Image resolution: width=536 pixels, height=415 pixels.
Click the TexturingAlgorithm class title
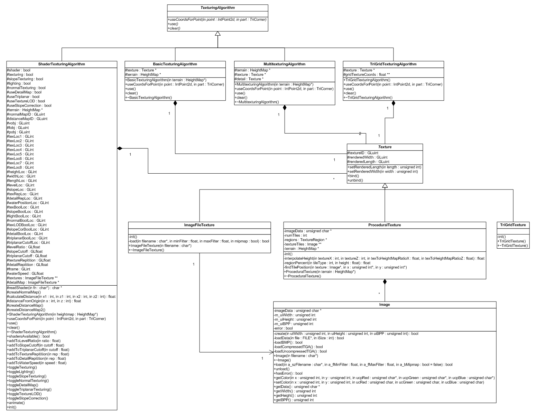(x=217, y=8)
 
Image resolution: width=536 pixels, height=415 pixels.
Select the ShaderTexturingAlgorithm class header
(x=62, y=64)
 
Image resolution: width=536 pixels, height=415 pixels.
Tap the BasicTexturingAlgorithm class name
(x=175, y=64)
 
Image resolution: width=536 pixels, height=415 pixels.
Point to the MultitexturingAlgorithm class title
(x=284, y=64)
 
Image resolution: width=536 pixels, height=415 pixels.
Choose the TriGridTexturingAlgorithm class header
(x=393, y=64)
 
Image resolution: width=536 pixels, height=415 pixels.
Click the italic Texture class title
(x=385, y=147)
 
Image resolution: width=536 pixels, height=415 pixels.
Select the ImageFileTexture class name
(x=199, y=225)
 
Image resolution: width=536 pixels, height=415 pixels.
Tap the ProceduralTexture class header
(x=385, y=225)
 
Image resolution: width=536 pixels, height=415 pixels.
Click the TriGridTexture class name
(x=513, y=225)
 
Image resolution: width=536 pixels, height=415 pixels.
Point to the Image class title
(x=385, y=305)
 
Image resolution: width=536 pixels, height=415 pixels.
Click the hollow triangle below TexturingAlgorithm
(x=218, y=34)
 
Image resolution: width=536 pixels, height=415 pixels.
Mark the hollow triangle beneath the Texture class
(x=385, y=185)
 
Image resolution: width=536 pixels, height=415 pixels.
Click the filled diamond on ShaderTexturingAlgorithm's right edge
(x=120, y=148)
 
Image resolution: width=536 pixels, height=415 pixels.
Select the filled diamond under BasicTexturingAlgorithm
(x=175, y=103)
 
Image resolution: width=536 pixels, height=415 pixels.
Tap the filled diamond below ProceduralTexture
(x=385, y=282)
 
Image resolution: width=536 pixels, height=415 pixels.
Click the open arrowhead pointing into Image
(x=271, y=352)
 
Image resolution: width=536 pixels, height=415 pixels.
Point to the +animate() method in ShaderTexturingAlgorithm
(x=16, y=403)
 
